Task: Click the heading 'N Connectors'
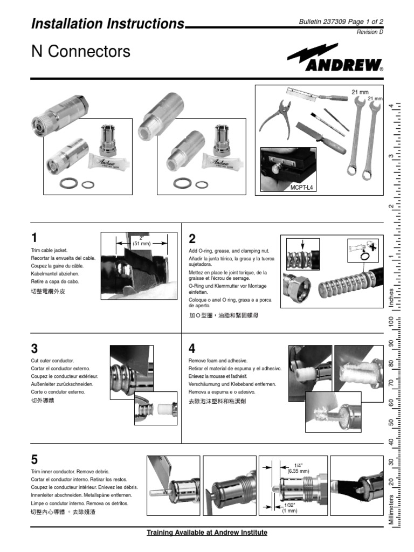81,52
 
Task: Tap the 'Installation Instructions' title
108,24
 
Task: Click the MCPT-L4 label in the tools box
301,186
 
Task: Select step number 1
35,238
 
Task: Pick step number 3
35,348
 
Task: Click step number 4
192,348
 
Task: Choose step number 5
35,460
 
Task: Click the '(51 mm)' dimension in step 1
142,244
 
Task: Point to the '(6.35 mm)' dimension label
298,471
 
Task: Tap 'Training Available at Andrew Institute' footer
207,533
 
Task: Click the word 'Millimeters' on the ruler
391,507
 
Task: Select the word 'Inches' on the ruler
391,298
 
